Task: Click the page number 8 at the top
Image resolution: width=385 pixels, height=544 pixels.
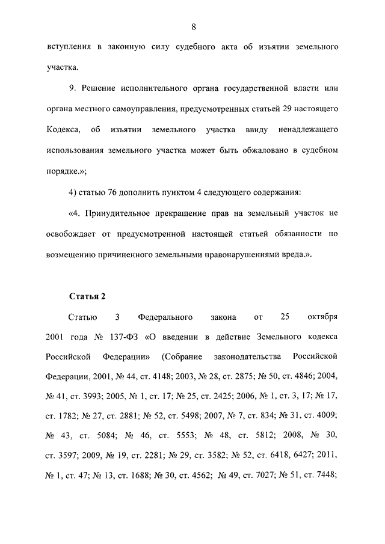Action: coord(193,26)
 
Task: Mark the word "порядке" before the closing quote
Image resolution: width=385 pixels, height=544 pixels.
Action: coord(61,171)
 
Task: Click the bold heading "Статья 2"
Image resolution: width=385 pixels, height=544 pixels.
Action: coord(88,296)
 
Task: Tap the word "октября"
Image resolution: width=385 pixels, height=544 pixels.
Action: coord(322,316)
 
